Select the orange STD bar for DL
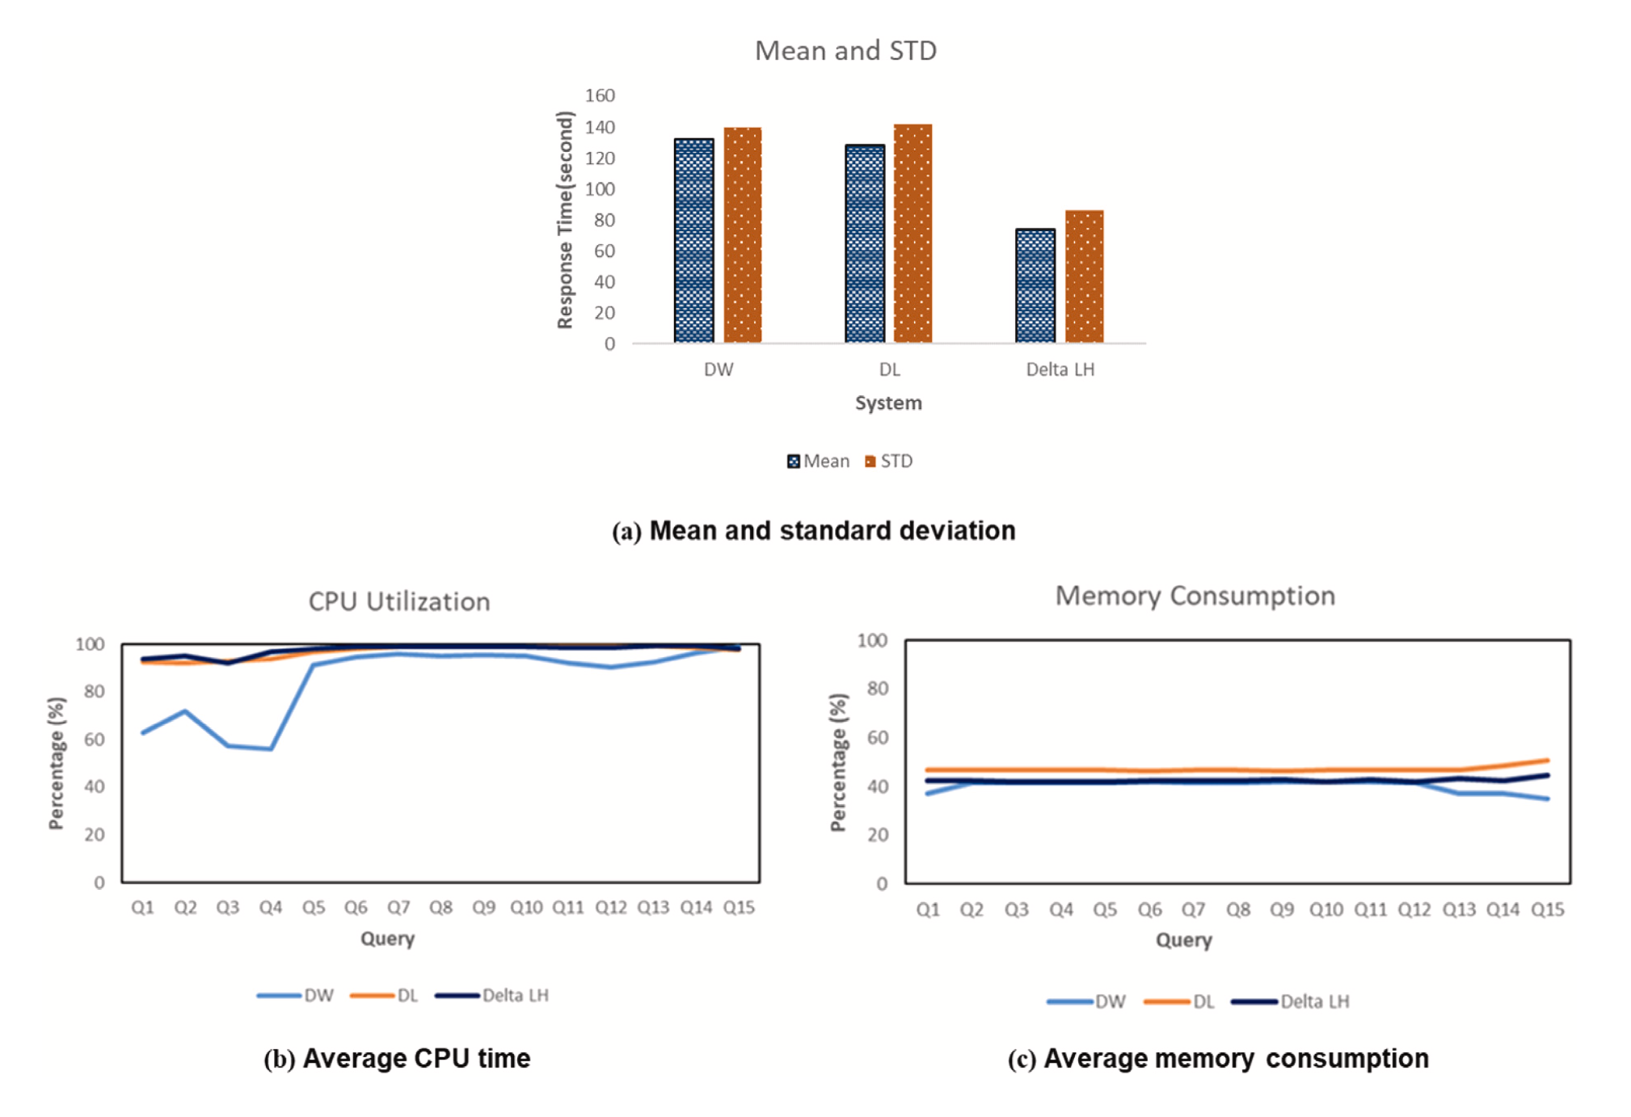tap(912, 234)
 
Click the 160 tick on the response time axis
tap(600, 95)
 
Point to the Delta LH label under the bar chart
tap(1060, 369)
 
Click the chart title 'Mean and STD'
tap(845, 51)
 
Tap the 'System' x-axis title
tap(888, 403)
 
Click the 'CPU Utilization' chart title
tap(399, 601)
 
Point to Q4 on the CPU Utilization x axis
tap(270, 907)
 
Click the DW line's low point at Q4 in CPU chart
tap(271, 748)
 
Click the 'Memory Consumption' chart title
tap(1195, 596)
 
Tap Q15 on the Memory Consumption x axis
tap(1547, 909)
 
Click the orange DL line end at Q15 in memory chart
tap(1547, 760)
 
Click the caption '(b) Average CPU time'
tap(397, 1058)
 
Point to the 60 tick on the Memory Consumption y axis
tap(878, 737)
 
